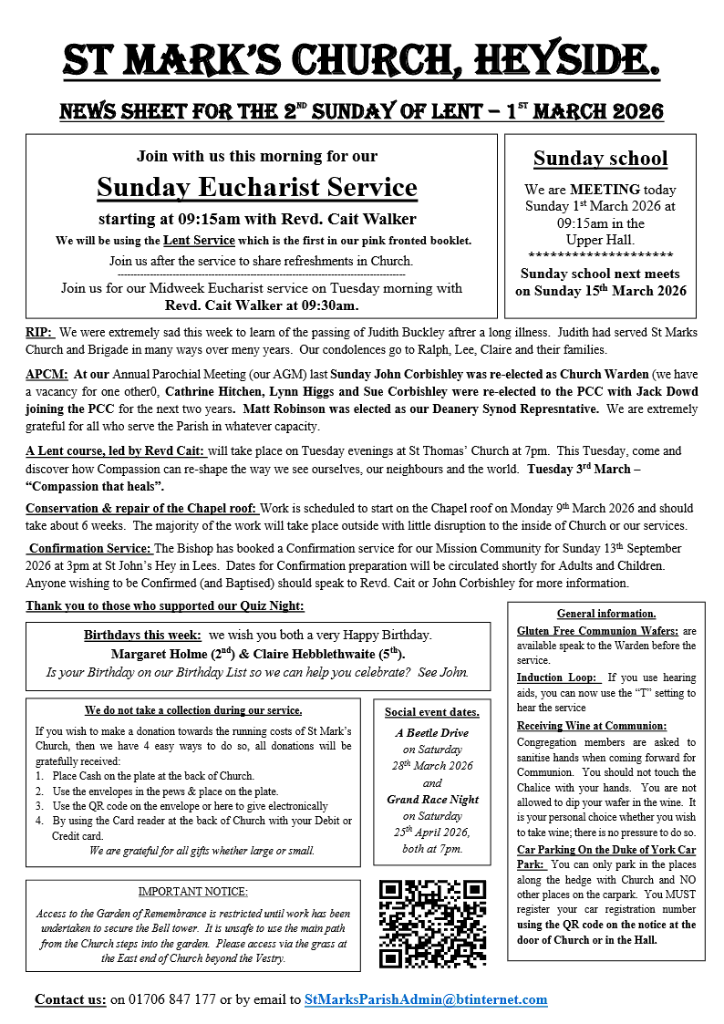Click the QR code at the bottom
pyautogui.click(x=433, y=922)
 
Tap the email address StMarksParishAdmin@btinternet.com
pyautogui.click(x=426, y=999)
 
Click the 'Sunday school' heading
pyautogui.click(x=600, y=159)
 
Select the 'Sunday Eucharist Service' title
pyautogui.click(x=257, y=188)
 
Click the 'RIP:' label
pyautogui.click(x=40, y=333)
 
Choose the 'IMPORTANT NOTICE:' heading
pyautogui.click(x=193, y=891)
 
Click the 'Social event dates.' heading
pyautogui.click(x=432, y=712)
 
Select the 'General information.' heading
pyautogui.click(x=606, y=614)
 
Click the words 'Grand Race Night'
pyautogui.click(x=432, y=800)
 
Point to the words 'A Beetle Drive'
pyautogui.click(x=432, y=732)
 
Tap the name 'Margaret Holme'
pyautogui.click(x=154, y=654)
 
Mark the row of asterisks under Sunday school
pyautogui.click(x=600, y=254)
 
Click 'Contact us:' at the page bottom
pyautogui.click(x=70, y=999)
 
